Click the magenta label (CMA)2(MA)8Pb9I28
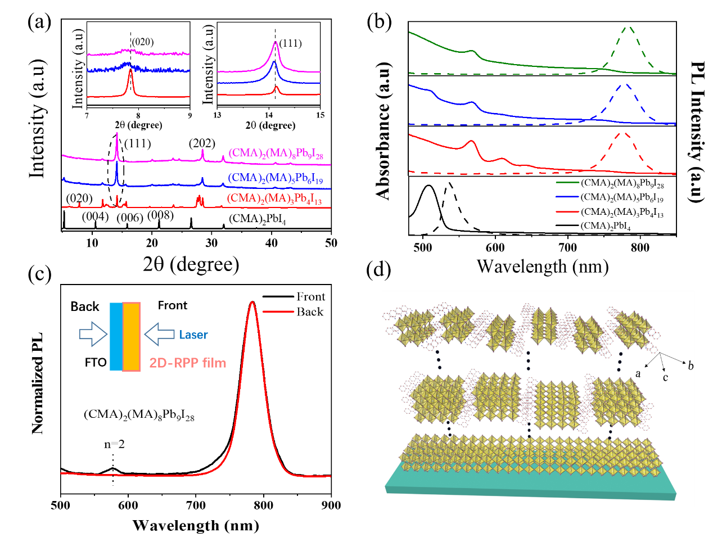276,154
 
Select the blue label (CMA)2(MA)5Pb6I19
275,178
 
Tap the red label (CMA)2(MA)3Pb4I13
274,199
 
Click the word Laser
193,335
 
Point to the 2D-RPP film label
188,363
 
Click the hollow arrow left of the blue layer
93,335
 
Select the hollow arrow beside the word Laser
160,335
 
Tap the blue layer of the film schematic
116,337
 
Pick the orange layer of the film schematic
131,337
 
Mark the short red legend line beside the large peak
278,311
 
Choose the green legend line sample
567,182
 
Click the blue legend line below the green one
567,197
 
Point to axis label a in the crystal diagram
638,373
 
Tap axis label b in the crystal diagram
691,366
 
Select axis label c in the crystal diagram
665,378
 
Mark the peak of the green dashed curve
629,27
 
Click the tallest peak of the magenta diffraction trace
117,134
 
